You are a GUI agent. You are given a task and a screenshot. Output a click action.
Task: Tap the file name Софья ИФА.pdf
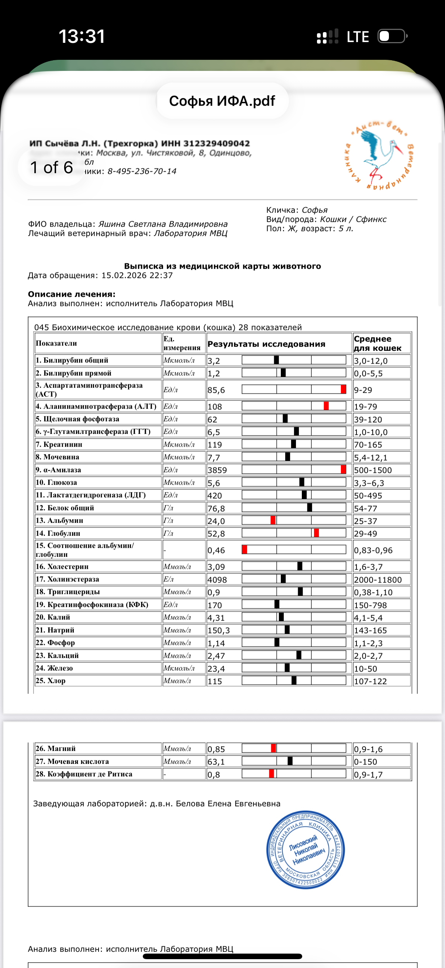pos(222,101)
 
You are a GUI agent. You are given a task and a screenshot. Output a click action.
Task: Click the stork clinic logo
pos(379,155)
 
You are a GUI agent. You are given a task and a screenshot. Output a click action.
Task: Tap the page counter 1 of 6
pos(51,168)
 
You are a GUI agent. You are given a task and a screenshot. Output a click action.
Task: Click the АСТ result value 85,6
pos(216,390)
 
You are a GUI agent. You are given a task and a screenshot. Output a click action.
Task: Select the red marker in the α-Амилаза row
pos(343,469)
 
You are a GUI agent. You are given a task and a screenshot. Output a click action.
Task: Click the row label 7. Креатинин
pos(59,444)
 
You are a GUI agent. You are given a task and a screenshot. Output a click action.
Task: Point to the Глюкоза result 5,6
pos(214,483)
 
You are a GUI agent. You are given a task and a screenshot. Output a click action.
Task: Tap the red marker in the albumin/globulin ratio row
pos(245,550)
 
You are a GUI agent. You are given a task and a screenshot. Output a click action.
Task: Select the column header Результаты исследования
pos(266,344)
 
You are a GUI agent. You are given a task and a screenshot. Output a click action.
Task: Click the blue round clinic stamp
pos(305,849)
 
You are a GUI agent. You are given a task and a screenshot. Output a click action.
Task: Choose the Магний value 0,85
pos(216,749)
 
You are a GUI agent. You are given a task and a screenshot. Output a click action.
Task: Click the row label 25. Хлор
pos(51,681)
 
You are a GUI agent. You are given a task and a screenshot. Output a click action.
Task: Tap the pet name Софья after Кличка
pos(315,210)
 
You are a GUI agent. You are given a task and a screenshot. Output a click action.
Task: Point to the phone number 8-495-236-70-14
pos(142,171)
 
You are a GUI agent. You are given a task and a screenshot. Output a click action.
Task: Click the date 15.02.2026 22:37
pos(137,275)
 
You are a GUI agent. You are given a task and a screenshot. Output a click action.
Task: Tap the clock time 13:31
pos(82,37)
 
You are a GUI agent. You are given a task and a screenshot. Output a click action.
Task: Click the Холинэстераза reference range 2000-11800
pos(378,580)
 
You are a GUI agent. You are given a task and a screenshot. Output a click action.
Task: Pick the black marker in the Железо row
pos(287,668)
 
